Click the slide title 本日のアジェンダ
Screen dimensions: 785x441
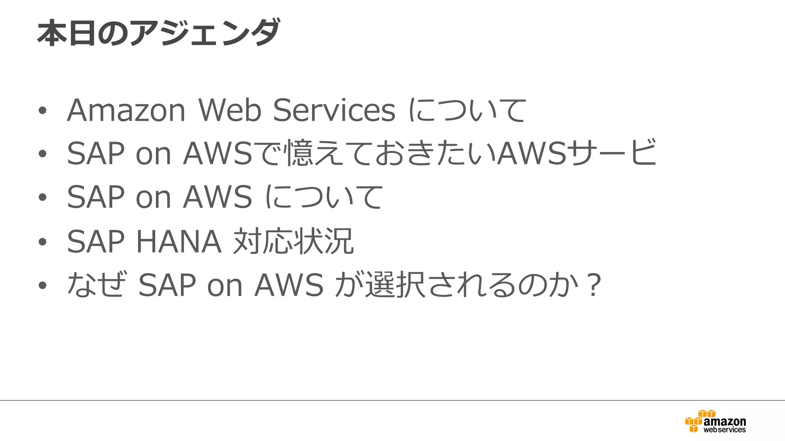coord(159,33)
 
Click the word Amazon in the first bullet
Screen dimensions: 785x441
coord(126,110)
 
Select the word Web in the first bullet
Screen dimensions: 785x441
coord(230,110)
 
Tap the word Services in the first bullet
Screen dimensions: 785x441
coord(334,110)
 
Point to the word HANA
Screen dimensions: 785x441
coord(179,242)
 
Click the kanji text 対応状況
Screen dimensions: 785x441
coord(293,242)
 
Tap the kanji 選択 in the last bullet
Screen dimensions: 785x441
coord(395,285)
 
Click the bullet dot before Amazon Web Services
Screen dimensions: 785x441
coord(43,111)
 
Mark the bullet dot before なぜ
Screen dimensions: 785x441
coord(43,286)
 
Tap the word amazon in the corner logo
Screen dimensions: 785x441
coord(725,421)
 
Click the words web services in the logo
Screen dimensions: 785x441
coord(724,430)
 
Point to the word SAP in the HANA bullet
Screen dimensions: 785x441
coord(96,242)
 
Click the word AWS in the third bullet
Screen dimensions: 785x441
coord(217,197)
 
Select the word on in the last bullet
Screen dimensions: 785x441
coord(225,286)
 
